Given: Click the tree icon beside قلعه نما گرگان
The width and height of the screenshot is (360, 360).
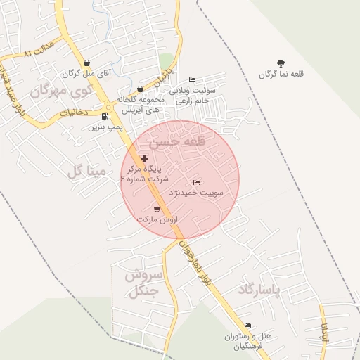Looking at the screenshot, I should [x=281, y=63].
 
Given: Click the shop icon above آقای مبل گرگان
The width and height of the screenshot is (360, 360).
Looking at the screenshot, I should [x=86, y=63].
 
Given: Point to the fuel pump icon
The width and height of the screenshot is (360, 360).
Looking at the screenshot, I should [x=105, y=117].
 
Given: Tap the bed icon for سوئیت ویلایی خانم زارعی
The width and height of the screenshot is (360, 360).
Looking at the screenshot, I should [x=193, y=80].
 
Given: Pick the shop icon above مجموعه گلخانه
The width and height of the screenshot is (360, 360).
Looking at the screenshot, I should [x=140, y=89].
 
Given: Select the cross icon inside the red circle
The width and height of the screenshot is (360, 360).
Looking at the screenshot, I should [x=145, y=159].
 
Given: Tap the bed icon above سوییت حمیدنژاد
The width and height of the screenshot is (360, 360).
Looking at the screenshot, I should [x=195, y=183].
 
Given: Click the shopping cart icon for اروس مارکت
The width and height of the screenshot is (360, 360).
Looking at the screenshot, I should [x=156, y=209].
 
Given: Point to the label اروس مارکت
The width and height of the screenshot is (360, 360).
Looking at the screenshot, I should [x=156, y=219].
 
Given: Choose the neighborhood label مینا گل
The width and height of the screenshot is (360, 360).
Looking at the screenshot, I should [x=86, y=171].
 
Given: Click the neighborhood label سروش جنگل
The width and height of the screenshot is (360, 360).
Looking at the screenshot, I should [x=143, y=282].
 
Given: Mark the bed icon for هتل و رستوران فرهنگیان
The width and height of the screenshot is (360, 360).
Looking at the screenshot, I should [x=247, y=326].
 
